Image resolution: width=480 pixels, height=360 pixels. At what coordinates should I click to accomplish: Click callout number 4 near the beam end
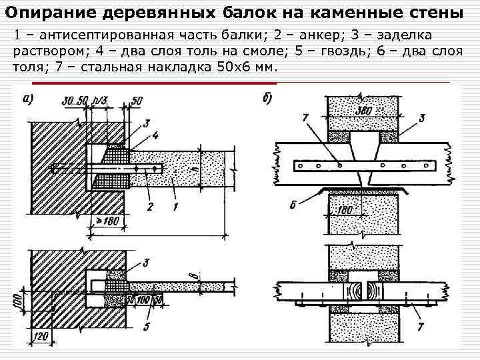click(155, 135)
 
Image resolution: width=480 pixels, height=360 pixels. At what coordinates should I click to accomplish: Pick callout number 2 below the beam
click(150, 207)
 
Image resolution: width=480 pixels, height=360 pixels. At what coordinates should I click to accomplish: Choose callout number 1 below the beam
click(175, 207)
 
